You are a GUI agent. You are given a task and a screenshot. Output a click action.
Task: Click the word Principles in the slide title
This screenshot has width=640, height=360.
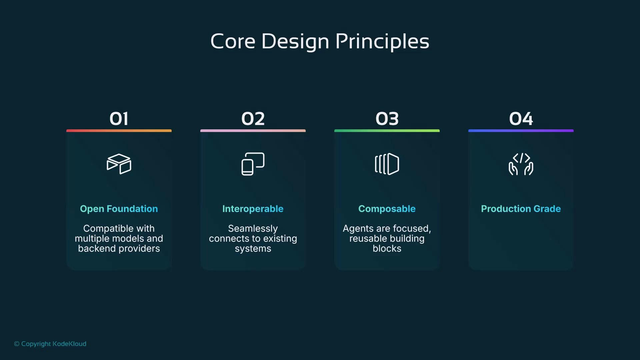(x=382, y=42)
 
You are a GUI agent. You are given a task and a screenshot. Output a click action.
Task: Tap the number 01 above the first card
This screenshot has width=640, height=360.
(x=119, y=119)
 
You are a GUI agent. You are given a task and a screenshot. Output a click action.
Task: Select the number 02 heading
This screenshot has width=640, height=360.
(x=253, y=119)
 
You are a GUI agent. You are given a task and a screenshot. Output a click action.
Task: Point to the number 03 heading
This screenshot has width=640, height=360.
(x=387, y=119)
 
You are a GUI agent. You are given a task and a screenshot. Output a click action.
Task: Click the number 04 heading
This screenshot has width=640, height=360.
(x=521, y=119)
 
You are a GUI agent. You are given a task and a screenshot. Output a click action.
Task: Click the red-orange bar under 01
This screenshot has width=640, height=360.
(x=119, y=131)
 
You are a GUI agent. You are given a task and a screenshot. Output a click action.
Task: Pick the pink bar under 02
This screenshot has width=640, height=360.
(x=253, y=131)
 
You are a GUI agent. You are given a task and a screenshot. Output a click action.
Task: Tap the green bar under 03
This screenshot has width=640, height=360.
(x=387, y=131)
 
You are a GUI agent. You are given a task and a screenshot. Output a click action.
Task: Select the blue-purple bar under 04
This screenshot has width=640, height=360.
(x=521, y=131)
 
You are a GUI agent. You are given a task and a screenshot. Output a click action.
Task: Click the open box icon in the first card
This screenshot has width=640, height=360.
(x=119, y=164)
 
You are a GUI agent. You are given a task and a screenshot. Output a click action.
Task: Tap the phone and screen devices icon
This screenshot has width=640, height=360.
(x=253, y=164)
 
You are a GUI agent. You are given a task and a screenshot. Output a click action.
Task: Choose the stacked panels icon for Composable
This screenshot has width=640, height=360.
(x=387, y=164)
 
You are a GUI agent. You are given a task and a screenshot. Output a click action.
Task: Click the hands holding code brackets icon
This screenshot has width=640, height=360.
(x=521, y=164)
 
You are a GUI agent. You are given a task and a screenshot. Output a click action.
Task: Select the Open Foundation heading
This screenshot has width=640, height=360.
(x=119, y=209)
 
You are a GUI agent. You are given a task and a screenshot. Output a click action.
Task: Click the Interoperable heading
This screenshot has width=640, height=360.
(x=253, y=209)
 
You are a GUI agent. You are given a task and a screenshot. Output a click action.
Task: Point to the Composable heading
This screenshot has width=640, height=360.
(x=387, y=209)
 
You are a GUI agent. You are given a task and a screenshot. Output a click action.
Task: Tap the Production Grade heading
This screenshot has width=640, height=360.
(x=521, y=209)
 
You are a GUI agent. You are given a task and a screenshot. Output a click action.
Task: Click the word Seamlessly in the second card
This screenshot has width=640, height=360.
(x=253, y=228)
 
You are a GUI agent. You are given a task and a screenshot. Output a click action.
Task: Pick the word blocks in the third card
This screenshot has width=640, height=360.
(x=387, y=249)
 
